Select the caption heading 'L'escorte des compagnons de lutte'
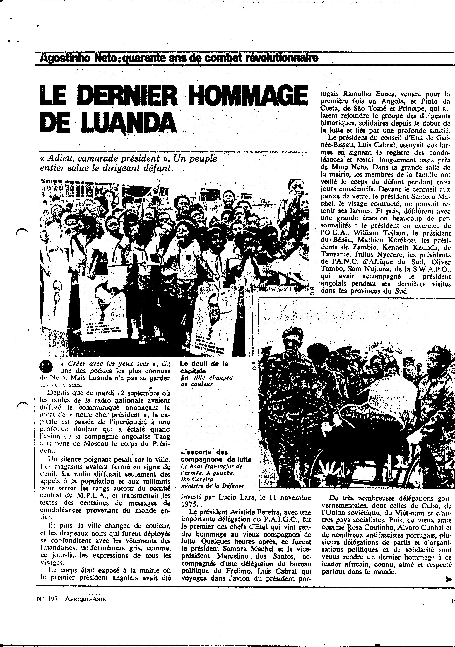point(215,456)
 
